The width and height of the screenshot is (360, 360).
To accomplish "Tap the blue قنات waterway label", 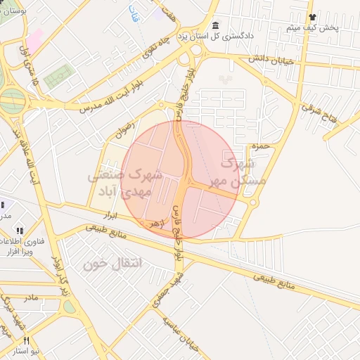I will [133, 12].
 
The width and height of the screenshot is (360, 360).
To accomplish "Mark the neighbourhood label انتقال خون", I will [112, 264].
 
